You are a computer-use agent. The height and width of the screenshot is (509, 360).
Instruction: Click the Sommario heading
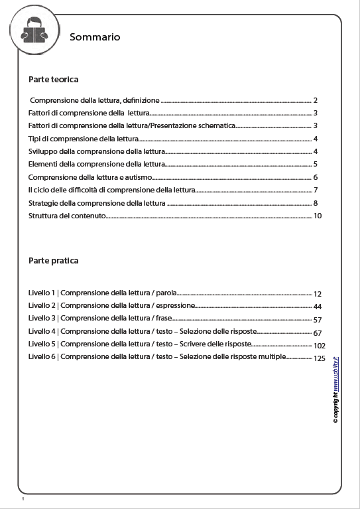click(95, 38)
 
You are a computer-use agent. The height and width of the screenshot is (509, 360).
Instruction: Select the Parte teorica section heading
click(54, 80)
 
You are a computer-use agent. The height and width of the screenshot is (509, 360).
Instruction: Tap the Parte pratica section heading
click(54, 261)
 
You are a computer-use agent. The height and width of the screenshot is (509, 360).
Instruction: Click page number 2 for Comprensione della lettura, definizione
click(316, 101)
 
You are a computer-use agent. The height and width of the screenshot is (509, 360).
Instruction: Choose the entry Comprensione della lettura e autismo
click(91, 177)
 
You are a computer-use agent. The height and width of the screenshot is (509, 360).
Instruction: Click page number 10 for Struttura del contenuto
click(318, 216)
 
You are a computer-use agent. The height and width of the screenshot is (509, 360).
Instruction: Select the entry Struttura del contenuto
click(67, 216)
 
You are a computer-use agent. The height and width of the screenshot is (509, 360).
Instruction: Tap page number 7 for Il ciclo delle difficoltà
click(316, 190)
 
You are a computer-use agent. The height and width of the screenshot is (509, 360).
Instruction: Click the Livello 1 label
click(42, 293)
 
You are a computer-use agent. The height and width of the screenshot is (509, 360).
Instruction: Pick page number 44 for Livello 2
click(318, 307)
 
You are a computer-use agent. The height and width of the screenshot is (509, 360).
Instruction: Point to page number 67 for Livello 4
click(318, 332)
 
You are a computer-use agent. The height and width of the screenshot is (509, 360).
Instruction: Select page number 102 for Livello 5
click(320, 345)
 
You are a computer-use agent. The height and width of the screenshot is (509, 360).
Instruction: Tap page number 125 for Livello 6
click(320, 358)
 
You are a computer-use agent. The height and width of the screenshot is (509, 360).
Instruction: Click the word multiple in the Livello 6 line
click(270, 357)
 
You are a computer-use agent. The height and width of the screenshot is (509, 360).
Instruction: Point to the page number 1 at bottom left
click(23, 498)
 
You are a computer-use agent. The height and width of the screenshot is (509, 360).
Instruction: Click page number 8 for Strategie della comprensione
click(316, 203)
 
